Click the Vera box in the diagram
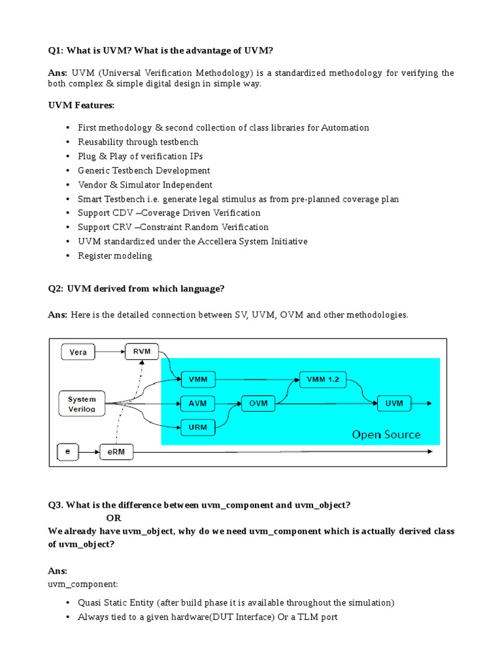click(78, 352)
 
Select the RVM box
click(142, 351)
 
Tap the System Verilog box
click(82, 404)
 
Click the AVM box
click(197, 403)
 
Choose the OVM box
click(258, 403)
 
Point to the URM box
click(197, 428)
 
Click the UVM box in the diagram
click(394, 403)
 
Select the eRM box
click(116, 451)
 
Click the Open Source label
click(386, 434)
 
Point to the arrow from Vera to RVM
click(110, 352)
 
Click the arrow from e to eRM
click(89, 451)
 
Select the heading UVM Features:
click(81, 105)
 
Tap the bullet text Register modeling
click(115, 255)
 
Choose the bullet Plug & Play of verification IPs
click(141, 156)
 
